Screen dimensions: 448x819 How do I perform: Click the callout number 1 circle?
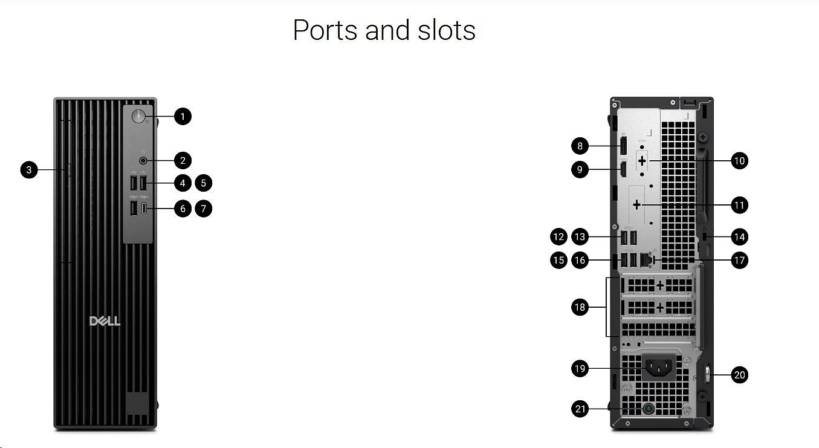coord(183,116)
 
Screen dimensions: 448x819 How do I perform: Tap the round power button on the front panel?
coord(139,117)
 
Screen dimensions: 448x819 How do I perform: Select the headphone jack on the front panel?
coord(144,160)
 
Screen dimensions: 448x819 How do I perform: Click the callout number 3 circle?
coord(28,170)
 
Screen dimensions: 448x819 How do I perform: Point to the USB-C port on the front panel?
coord(144,209)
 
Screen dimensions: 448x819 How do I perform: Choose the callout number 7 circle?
coord(204,209)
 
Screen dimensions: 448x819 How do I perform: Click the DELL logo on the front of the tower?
coord(105,320)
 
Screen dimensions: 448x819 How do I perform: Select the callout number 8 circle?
coord(580,146)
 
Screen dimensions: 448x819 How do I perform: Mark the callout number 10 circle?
coord(739,161)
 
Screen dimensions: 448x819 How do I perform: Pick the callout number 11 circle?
coord(739,206)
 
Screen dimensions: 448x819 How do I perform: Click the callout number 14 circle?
coord(739,236)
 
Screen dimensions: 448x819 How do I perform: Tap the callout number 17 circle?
coord(739,261)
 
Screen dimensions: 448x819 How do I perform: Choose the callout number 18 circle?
coord(580,308)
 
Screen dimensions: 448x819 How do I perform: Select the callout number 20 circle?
coord(739,375)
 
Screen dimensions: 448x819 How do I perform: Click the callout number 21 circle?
coord(580,409)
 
